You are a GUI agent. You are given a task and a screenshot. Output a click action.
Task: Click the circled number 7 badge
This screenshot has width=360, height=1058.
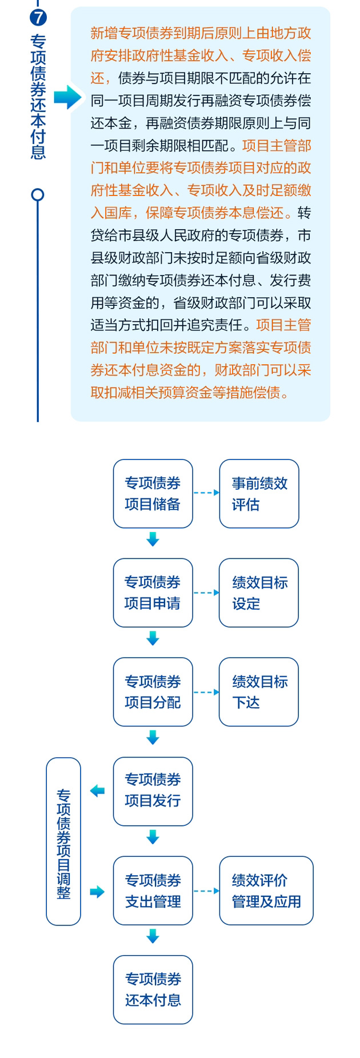tap(38, 17)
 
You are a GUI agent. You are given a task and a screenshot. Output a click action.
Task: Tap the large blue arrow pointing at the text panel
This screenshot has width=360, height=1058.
tap(68, 97)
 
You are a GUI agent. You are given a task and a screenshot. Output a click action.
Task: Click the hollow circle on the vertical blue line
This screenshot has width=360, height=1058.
tap(38, 195)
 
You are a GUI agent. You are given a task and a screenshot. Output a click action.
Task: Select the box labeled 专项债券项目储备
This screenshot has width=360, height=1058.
tap(153, 493)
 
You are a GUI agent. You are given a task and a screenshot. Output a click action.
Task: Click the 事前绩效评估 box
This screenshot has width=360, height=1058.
tap(259, 493)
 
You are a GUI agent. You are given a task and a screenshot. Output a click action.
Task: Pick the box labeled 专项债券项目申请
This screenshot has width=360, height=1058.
tap(153, 592)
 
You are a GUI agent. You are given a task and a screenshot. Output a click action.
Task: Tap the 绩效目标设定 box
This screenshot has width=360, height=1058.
tap(258, 592)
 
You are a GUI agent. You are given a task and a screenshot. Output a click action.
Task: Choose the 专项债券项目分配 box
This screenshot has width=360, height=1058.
tap(153, 692)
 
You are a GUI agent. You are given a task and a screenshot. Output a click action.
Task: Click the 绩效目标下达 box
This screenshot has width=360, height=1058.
tap(258, 692)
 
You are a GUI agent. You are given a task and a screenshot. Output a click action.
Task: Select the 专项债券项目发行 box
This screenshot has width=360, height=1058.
tap(153, 790)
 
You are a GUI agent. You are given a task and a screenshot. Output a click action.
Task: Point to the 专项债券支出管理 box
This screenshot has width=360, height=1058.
tap(153, 890)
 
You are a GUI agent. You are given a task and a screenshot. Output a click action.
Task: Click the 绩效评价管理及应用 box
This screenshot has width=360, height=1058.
tap(266, 890)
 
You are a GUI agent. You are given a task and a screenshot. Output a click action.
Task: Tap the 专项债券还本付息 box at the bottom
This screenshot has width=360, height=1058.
tap(153, 989)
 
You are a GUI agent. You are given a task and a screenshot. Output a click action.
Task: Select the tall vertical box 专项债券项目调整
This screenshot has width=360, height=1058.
tap(63, 841)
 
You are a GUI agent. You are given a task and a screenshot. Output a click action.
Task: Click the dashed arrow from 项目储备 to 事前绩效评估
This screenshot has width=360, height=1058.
tap(206, 493)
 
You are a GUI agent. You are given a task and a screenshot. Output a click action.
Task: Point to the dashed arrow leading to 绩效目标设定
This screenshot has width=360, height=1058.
tap(206, 592)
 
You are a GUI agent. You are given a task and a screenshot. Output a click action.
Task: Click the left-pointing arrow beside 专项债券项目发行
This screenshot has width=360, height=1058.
tap(97, 790)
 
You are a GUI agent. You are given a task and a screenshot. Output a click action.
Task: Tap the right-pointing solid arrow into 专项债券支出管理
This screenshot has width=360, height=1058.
tap(97, 891)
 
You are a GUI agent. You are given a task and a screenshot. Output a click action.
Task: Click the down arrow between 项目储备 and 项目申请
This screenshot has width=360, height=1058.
tap(153, 539)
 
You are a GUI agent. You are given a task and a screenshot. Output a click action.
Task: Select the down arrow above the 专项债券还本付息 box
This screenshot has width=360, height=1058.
tap(153, 936)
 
